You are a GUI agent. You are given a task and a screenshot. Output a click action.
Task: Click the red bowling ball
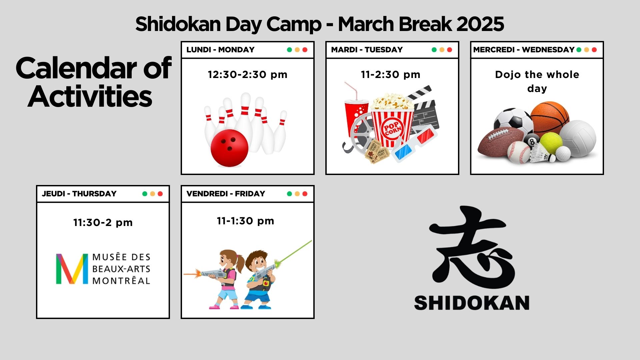(x=229, y=148)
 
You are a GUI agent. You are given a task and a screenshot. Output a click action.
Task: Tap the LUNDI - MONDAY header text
(x=220, y=50)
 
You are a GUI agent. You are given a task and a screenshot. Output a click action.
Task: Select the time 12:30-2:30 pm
(x=247, y=74)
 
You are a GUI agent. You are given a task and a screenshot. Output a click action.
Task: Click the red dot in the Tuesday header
(x=449, y=50)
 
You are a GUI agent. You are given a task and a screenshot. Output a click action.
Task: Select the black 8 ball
(x=531, y=141)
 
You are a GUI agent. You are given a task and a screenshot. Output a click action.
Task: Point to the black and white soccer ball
(x=513, y=122)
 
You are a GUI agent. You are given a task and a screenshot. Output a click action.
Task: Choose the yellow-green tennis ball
(x=551, y=143)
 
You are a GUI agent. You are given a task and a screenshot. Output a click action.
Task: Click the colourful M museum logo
(x=72, y=269)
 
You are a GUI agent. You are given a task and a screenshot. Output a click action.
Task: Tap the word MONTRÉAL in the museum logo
(x=121, y=281)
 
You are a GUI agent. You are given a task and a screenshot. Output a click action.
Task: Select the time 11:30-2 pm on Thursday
(x=103, y=222)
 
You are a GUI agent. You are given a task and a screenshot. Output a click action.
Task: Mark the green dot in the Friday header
(x=289, y=194)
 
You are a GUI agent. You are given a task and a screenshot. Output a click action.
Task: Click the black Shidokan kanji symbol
(x=472, y=247)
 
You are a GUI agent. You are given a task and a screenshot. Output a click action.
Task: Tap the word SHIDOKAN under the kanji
(x=472, y=303)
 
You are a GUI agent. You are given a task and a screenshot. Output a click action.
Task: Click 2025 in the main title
(x=480, y=24)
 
